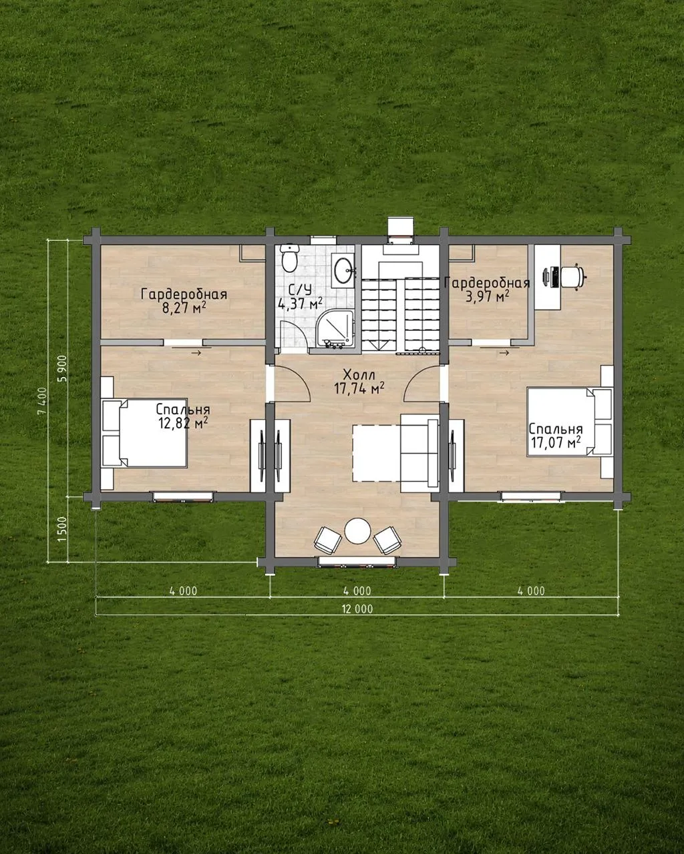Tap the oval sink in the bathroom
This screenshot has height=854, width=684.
pos(343,271)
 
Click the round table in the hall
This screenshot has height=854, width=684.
pos(358,531)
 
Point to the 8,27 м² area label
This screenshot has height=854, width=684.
pos(184,309)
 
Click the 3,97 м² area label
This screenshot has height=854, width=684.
pos(487,296)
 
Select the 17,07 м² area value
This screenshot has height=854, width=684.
pos(555,442)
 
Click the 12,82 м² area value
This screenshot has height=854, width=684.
pos(183,423)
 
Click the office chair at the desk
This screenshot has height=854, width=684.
pos(573,276)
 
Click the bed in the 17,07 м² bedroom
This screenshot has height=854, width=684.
pos(570,422)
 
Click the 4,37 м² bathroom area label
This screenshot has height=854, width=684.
pos(301,304)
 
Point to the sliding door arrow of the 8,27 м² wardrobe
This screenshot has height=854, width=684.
pos(196,353)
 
